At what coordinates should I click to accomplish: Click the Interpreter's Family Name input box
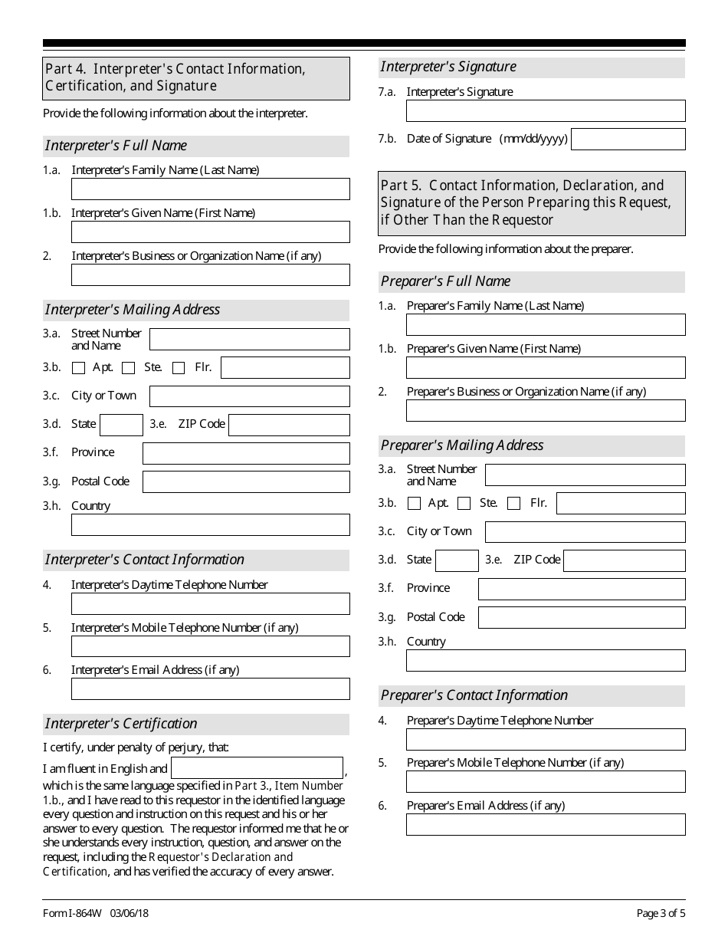(210, 189)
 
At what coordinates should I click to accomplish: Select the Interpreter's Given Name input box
(210, 232)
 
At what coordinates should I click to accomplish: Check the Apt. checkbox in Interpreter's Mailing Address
(78, 368)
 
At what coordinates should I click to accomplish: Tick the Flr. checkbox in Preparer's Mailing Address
(514, 504)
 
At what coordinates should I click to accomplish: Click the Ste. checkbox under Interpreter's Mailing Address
(129, 368)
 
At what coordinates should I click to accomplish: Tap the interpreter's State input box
(122, 425)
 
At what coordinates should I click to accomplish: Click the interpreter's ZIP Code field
(289, 425)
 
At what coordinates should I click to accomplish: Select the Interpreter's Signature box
(546, 111)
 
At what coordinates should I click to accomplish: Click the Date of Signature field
(628, 139)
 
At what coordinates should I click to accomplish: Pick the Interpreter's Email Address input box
(210, 688)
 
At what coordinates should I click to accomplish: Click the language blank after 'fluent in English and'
(257, 768)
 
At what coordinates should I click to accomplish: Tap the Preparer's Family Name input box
(546, 325)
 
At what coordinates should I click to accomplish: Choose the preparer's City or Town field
(585, 532)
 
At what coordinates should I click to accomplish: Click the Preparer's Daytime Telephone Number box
(546, 739)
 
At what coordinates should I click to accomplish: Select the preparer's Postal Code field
(582, 617)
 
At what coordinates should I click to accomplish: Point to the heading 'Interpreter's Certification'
(121, 724)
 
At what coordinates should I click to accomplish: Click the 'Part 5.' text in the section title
(401, 186)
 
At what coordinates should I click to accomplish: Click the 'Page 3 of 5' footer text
(661, 913)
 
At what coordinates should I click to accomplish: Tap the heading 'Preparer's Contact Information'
(474, 695)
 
